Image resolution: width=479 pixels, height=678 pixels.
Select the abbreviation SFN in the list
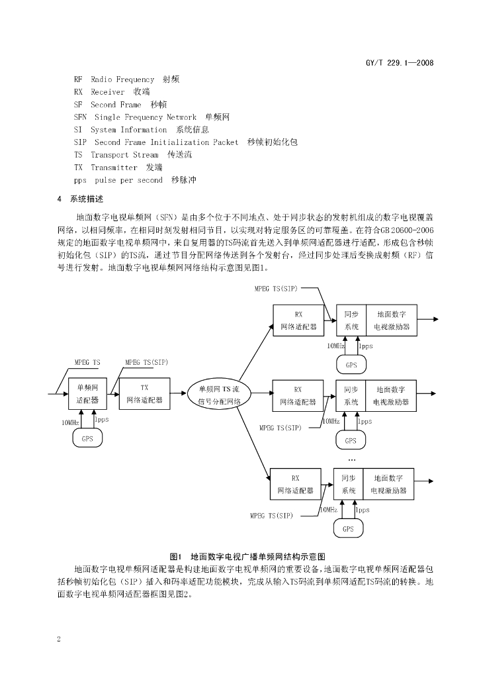[80, 117]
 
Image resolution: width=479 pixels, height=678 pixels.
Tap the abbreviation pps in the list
[80, 180]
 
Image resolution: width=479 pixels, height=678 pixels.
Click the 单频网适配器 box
[87, 394]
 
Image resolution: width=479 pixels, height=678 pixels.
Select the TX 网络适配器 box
[144, 394]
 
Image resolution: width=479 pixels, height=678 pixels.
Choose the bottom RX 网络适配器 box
[295, 484]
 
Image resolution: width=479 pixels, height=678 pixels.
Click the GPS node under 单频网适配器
[87, 438]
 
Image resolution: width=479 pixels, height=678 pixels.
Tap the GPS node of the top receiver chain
[351, 365]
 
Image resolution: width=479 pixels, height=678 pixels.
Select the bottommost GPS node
[348, 529]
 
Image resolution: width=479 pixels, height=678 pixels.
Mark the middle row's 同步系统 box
[351, 395]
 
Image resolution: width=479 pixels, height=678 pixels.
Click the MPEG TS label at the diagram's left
[87, 362]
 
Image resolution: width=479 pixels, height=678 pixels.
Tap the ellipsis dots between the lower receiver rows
[351, 459]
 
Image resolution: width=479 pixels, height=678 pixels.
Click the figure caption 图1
[175, 556]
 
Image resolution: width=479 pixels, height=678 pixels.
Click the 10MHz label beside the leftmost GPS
[70, 422]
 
